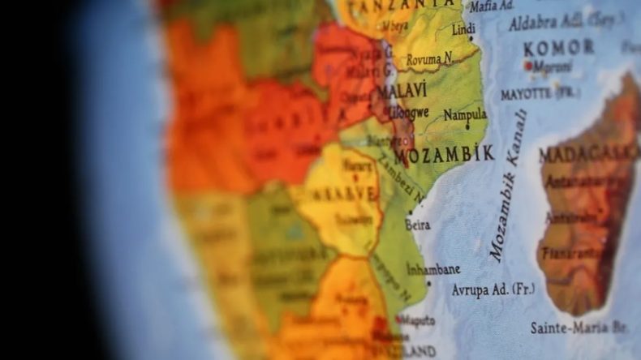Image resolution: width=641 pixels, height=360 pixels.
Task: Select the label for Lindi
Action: (x=463, y=29)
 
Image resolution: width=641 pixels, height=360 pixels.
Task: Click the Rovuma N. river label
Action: (x=429, y=59)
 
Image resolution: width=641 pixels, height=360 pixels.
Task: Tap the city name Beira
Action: (x=418, y=224)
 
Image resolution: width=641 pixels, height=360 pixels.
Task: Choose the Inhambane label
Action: (x=432, y=269)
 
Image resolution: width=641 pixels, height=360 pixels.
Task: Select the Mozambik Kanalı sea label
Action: (x=509, y=186)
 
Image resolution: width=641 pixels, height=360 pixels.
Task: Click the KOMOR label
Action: (x=558, y=48)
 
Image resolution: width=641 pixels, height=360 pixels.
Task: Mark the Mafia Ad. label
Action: (x=492, y=6)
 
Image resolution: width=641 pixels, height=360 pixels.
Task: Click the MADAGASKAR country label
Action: (x=588, y=154)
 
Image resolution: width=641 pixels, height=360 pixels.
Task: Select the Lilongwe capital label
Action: (x=407, y=113)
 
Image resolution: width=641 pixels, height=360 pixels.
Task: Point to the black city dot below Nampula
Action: (x=467, y=126)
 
